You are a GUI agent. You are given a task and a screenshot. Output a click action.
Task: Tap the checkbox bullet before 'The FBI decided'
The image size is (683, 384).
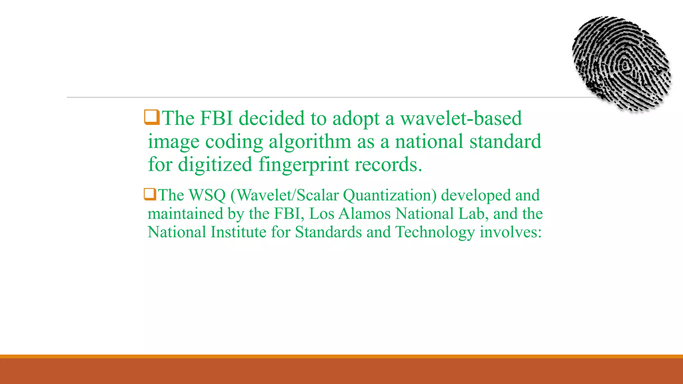(152, 117)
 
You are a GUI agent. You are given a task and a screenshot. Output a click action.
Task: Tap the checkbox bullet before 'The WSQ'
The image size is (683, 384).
(150, 194)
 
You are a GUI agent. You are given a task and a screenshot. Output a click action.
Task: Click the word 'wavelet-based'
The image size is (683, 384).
(461, 118)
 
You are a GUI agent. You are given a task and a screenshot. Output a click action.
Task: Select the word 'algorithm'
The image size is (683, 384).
(310, 142)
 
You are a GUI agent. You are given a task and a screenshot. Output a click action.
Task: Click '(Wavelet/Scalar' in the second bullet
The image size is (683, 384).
(284, 195)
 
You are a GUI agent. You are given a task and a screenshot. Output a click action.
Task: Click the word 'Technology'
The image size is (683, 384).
(435, 232)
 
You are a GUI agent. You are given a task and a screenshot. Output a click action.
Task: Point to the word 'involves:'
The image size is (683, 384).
(511, 232)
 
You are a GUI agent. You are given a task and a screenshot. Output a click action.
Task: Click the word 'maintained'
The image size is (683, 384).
(185, 214)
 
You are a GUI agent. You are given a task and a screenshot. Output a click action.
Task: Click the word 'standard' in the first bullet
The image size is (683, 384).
(505, 142)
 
